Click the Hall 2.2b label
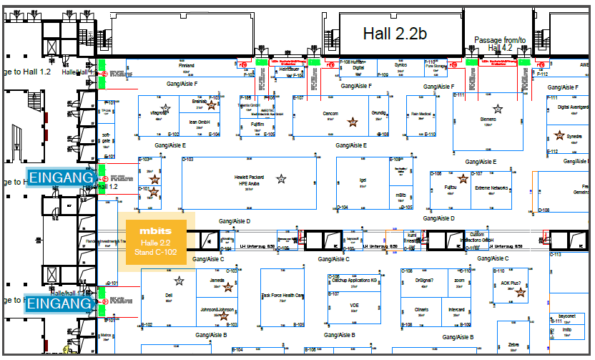pos(395,34)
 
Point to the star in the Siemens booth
pos(498,108)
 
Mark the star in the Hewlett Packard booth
pos(282,179)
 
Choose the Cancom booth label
pos(330,114)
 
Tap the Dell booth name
pos(169,295)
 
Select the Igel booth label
pos(363,180)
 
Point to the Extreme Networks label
pos(491,188)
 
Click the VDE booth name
pos(354,306)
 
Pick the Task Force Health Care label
pos(282,296)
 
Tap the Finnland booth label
pos(186,65)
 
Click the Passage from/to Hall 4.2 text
pos(500,44)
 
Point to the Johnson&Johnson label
pos(217,309)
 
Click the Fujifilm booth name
pos(257,123)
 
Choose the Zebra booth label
pos(513,344)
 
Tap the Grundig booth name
pos(378,113)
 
